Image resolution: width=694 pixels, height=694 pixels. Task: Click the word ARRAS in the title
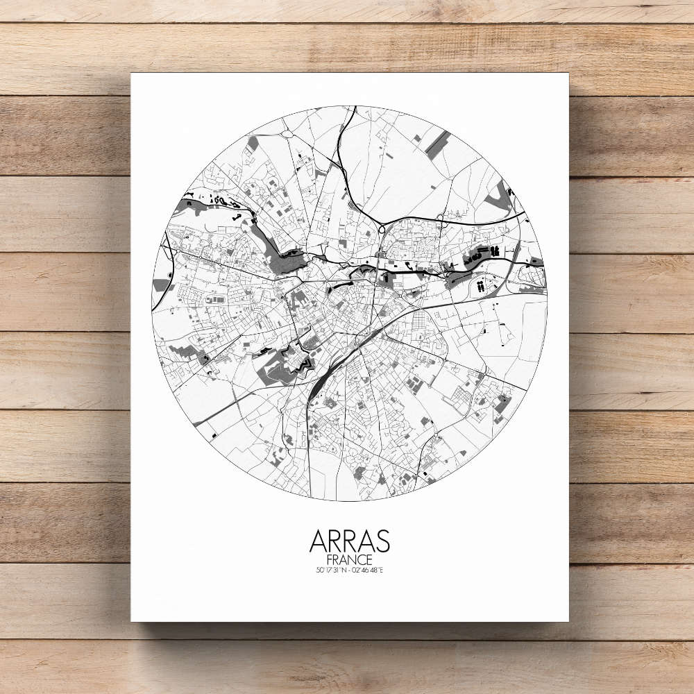tap(349, 541)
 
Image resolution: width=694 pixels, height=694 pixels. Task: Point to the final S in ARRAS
tap(382, 541)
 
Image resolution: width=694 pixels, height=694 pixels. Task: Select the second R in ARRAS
tap(349, 541)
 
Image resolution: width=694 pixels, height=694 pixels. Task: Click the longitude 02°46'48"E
tap(368, 570)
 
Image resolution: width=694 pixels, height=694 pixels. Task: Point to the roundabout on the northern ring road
tap(381, 228)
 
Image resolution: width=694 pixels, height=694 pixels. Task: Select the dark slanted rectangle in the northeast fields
tap(437, 144)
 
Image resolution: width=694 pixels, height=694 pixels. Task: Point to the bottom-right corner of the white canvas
tap(568, 620)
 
